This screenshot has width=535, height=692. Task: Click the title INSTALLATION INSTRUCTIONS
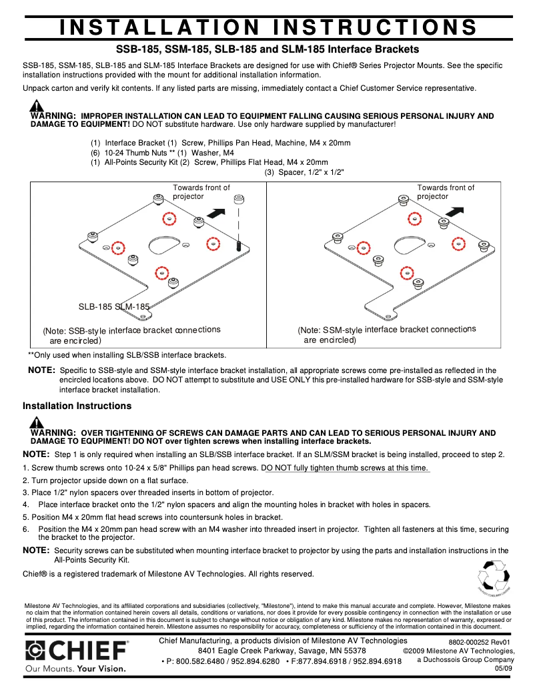coord(267,27)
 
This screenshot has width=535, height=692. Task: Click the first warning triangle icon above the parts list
coord(37,106)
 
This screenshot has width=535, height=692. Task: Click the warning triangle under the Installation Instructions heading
coord(37,422)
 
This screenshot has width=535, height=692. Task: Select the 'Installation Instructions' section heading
coord(77,406)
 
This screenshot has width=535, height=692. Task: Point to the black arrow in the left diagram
coord(216,213)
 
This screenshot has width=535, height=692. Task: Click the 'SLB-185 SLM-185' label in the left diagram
coord(113,307)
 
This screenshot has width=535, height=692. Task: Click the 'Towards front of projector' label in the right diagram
coord(446,192)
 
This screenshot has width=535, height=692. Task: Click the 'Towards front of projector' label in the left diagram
coord(201,192)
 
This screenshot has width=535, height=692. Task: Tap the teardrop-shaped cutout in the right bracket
coord(410,244)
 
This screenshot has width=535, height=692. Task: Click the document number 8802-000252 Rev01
coord(479,642)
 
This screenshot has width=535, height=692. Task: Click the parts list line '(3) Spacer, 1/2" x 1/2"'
coord(304,172)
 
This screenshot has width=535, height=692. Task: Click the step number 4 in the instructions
coord(25,504)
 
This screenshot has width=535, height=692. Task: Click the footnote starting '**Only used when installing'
coord(127,355)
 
